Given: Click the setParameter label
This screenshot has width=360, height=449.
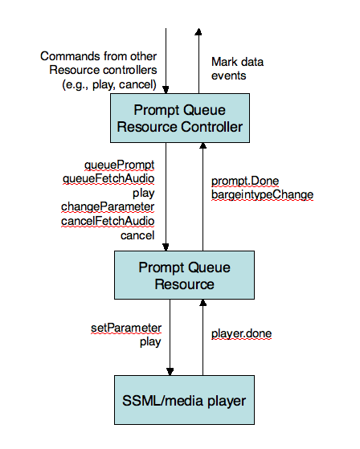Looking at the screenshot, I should (125, 328).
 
